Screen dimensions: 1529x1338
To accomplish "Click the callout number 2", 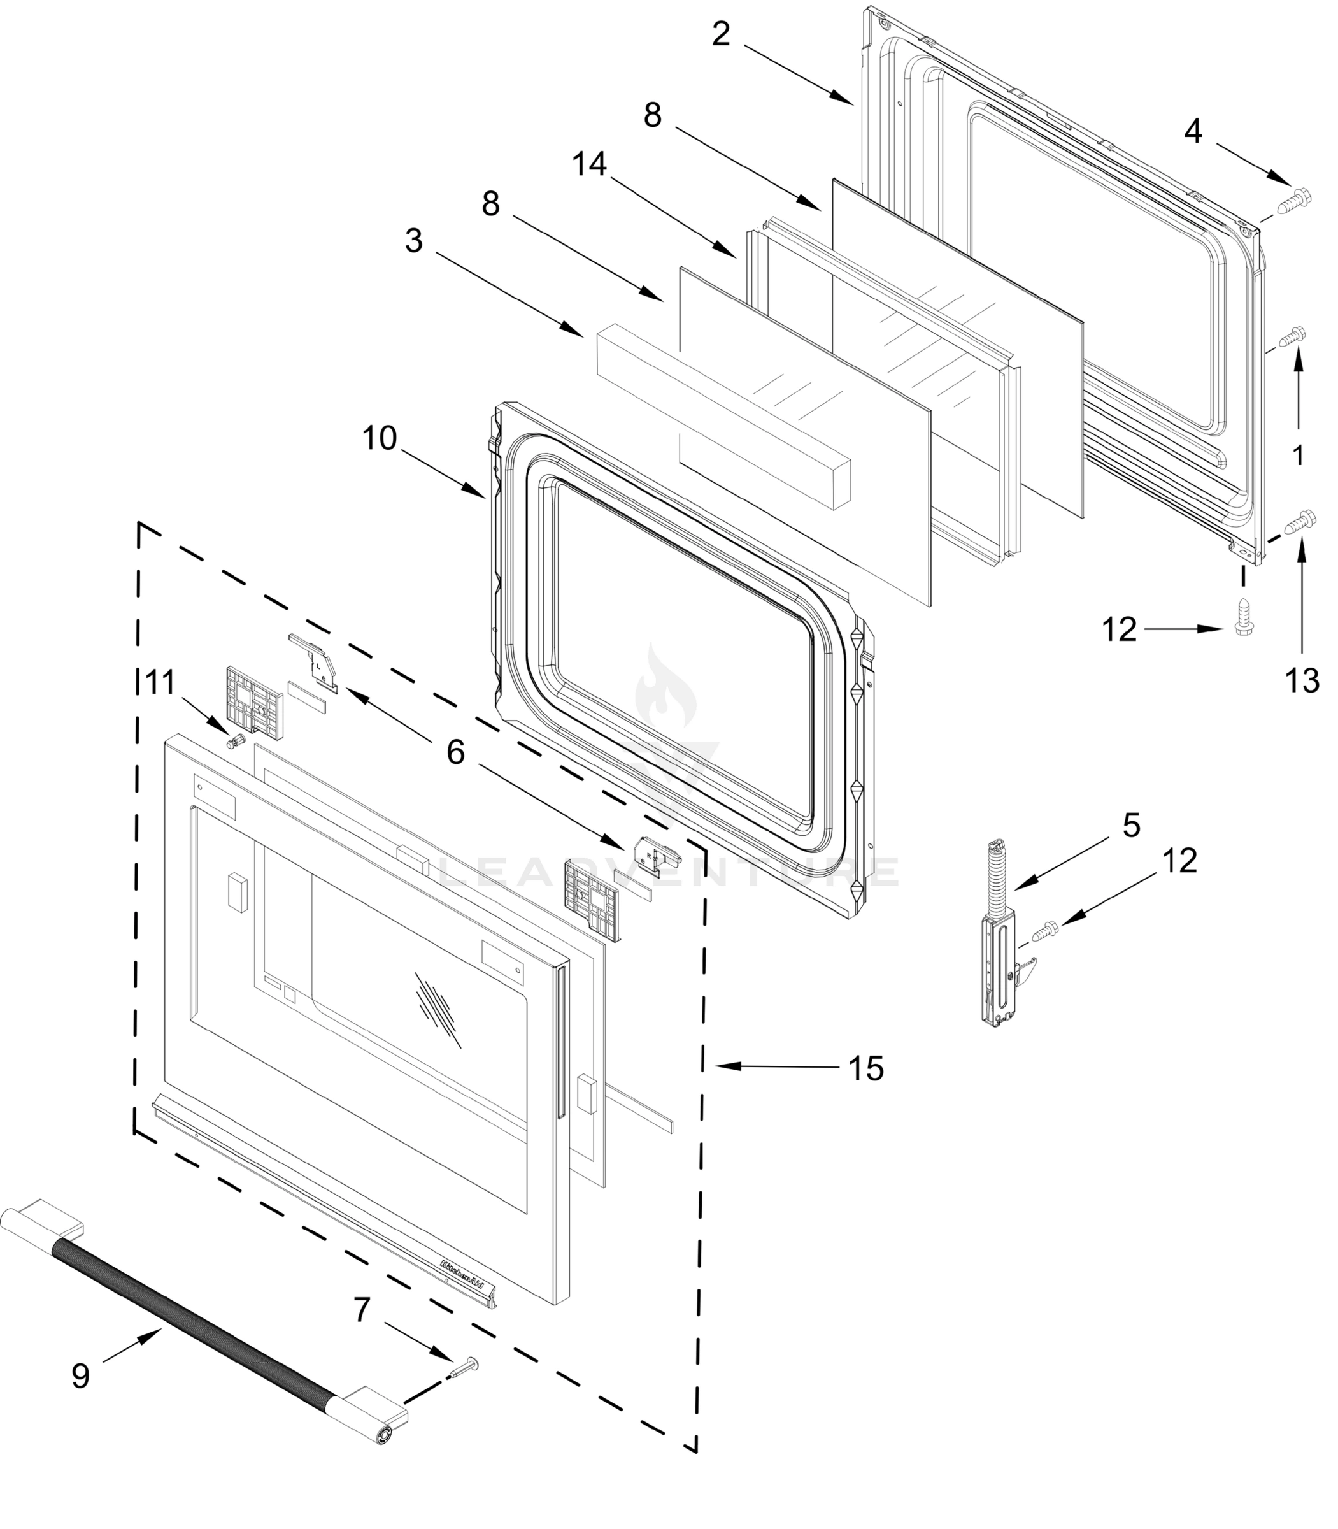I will click(720, 34).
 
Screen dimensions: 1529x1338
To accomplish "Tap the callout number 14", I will click(589, 164).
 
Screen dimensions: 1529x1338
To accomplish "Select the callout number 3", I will click(414, 241).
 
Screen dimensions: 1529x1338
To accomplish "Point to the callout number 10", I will click(380, 438).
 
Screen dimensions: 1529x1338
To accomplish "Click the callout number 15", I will click(866, 1069).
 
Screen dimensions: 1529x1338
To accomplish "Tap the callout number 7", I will click(361, 1310).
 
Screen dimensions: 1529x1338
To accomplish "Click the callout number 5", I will click(1131, 826).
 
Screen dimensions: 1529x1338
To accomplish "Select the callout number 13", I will click(1302, 680).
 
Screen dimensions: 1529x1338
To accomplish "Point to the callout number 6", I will click(455, 752).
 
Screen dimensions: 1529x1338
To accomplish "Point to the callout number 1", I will click(1299, 455).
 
